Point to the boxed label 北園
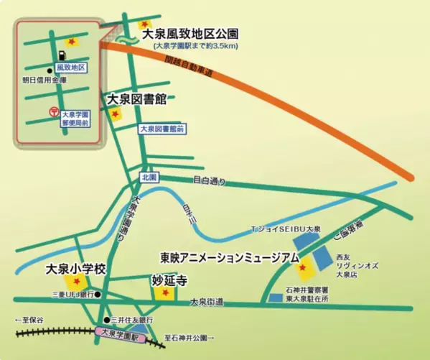click(149, 177)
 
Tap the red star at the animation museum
click(303, 269)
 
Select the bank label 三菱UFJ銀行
click(73, 295)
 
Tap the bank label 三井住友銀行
click(134, 319)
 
